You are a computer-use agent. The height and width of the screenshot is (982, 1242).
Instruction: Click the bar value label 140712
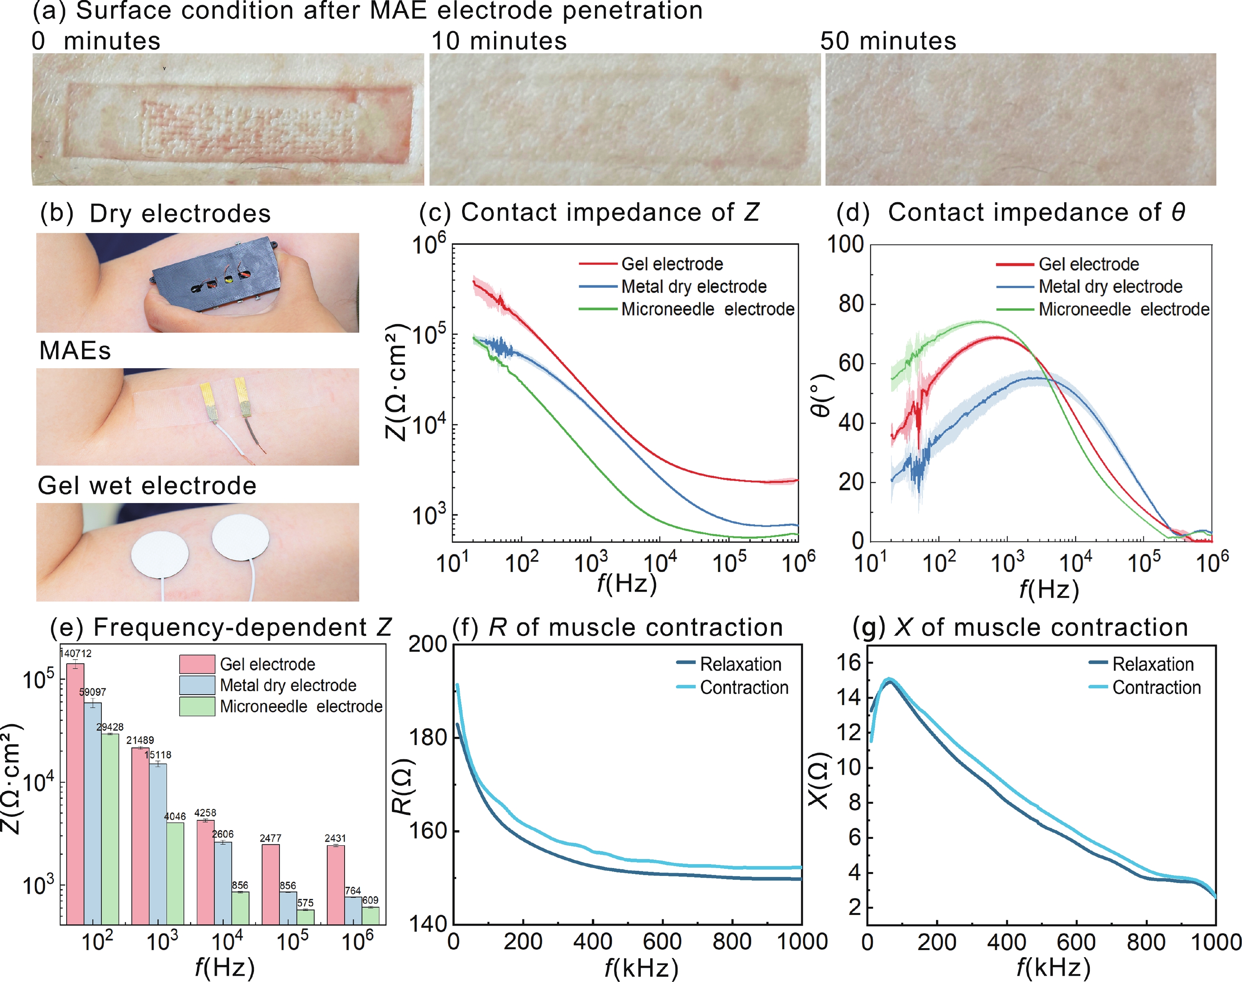(x=76, y=653)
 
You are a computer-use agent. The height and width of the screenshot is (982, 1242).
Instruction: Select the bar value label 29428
(x=110, y=727)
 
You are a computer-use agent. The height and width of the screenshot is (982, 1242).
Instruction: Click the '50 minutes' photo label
(x=888, y=41)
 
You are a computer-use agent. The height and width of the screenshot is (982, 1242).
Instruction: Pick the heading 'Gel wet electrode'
(x=147, y=486)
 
